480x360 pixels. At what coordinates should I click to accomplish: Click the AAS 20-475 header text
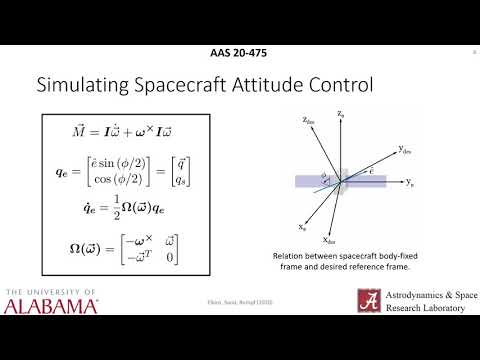tap(239, 53)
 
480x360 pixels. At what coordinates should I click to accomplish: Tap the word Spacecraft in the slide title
tap(188, 87)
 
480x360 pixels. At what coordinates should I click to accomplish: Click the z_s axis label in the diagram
tap(340, 115)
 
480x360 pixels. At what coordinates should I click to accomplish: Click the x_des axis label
tap(329, 241)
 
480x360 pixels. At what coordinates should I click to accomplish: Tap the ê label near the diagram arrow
tap(372, 171)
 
